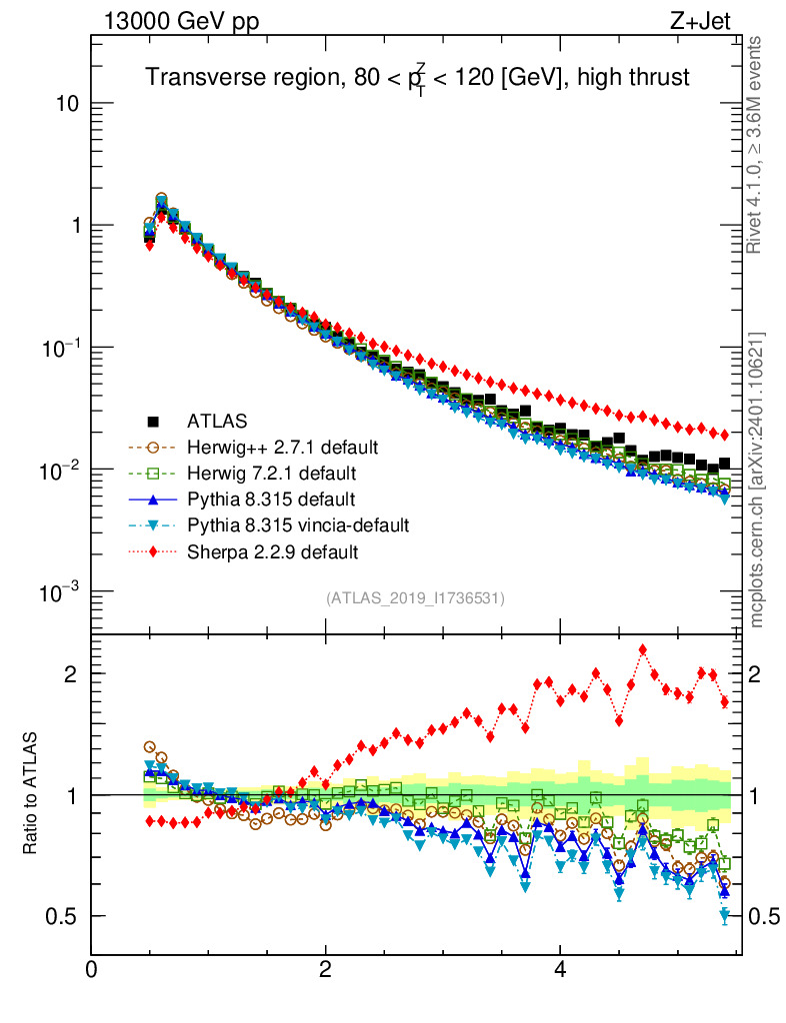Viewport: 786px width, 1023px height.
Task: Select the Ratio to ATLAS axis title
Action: [x=31, y=794]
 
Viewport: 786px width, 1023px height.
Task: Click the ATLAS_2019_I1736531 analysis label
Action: [x=415, y=598]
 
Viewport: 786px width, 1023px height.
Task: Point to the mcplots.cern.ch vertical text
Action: [x=757, y=480]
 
